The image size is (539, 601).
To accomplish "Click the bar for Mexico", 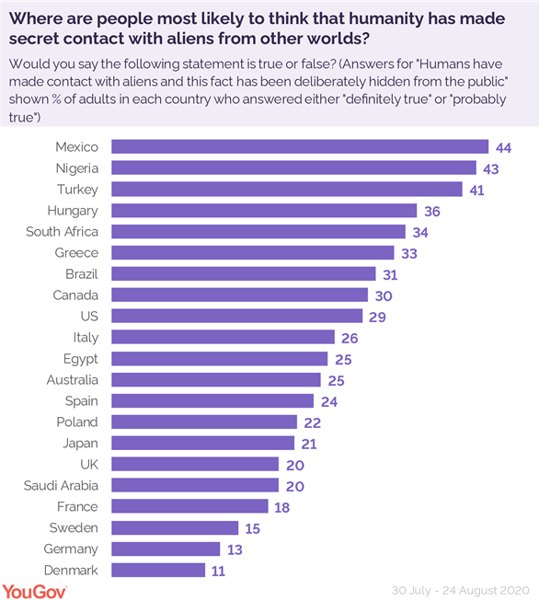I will (299, 146).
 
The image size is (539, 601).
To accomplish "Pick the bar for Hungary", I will (264, 210).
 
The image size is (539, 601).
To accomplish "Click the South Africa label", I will (62, 231).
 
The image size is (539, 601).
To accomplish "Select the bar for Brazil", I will (244, 273).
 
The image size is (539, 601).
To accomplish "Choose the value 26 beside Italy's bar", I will (350, 337).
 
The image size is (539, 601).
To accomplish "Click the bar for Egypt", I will (219, 358).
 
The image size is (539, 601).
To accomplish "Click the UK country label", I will (88, 464).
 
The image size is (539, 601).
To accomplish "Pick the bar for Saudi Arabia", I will (195, 485).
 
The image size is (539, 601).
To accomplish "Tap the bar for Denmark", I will (158, 570).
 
